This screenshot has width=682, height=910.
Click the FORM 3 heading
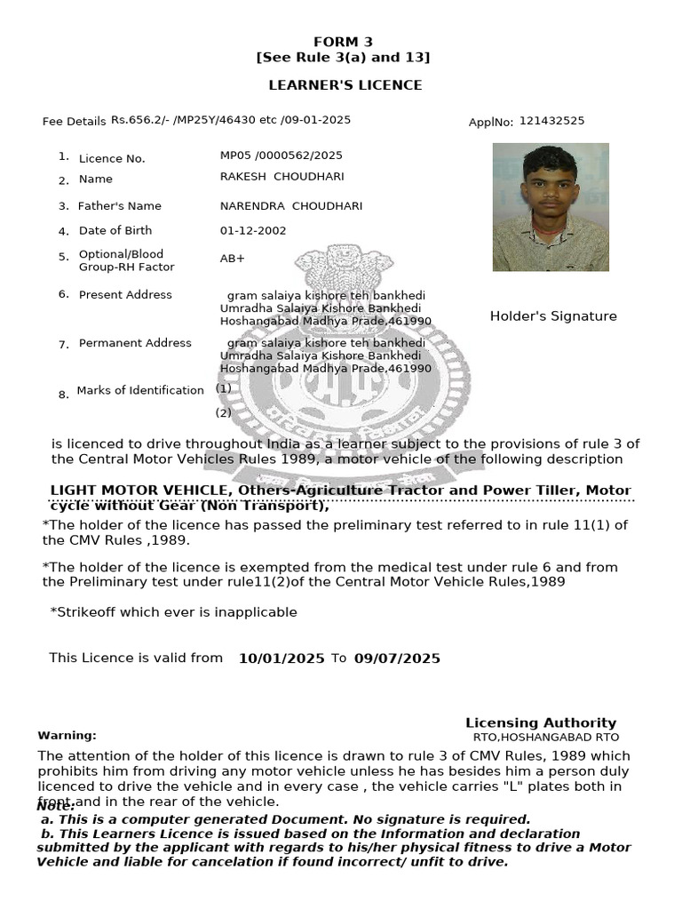(343, 42)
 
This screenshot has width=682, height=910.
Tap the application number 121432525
(551, 121)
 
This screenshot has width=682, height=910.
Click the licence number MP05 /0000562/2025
(281, 156)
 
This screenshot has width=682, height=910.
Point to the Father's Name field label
(120, 206)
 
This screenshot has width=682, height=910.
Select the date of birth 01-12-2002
(252, 231)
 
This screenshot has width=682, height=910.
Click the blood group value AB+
(232, 259)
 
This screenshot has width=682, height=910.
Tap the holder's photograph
(551, 207)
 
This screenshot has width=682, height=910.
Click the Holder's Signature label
(553, 316)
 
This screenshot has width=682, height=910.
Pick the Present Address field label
(125, 295)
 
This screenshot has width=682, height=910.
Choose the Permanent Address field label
(135, 343)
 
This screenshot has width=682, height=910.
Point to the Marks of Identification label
(140, 390)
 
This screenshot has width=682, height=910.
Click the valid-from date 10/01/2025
(282, 659)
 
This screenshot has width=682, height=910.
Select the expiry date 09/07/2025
(397, 659)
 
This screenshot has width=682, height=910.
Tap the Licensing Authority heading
(541, 722)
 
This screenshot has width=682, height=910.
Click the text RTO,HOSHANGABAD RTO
(545, 738)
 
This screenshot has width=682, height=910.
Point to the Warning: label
(67, 736)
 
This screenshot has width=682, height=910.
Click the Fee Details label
(74, 122)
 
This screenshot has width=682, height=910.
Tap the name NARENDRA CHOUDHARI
(291, 206)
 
